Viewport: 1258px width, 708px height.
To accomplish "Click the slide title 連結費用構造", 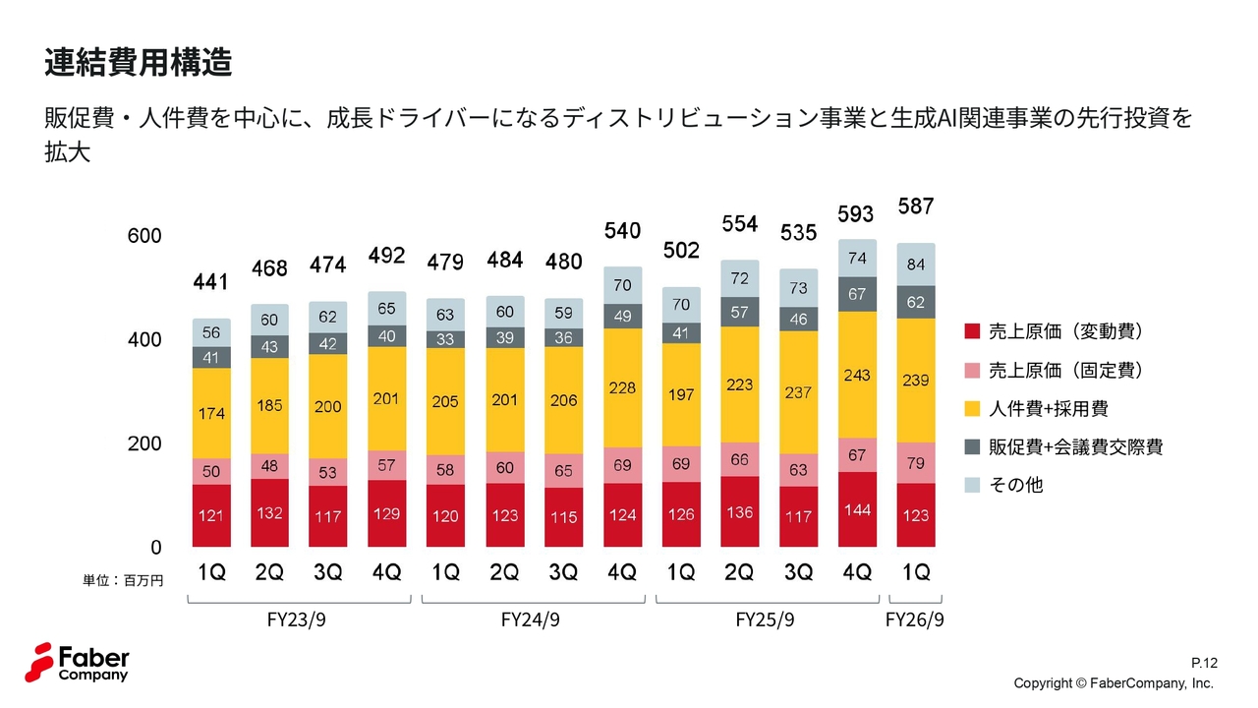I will coord(138,63).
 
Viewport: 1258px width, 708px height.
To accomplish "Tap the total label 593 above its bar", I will coord(856,213).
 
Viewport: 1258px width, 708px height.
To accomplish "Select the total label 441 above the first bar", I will coord(210,283).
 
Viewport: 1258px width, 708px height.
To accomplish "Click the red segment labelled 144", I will coord(857,509).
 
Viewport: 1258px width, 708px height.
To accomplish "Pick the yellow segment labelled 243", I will coord(857,375).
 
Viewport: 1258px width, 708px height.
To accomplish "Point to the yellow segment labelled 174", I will coord(210,413).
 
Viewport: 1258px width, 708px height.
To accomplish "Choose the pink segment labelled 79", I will coord(916,463).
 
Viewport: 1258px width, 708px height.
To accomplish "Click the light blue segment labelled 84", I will coord(916,265).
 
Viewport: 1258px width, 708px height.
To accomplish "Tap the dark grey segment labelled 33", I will coord(445,339).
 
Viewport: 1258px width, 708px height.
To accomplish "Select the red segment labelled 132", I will coord(269,512).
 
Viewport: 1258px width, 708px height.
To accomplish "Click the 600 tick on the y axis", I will coord(143,237).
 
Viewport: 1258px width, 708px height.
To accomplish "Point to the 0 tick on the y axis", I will coord(154,547).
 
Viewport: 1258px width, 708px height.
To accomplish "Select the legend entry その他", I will coord(1015,485).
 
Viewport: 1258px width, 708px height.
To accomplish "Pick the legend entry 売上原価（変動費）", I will coord(1065,331).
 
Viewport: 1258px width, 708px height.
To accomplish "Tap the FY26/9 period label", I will coord(915,620).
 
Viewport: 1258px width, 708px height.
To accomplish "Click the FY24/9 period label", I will coord(531,620).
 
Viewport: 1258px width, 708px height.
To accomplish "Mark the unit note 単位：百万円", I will coord(123,581).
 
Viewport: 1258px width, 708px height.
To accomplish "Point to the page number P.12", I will coord(1204,664).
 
